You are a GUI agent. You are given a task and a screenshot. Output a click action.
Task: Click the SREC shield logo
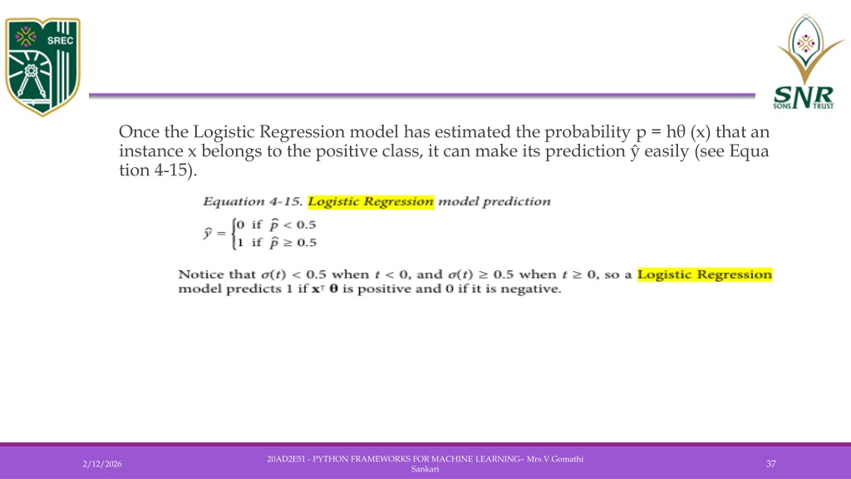click(42, 67)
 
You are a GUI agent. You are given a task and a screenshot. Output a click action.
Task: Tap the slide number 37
click(770, 464)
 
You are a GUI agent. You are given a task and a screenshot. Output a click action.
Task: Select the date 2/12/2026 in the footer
click(102, 464)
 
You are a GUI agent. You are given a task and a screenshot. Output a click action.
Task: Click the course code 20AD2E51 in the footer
click(286, 459)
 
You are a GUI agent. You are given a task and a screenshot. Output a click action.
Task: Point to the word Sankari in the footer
click(425, 469)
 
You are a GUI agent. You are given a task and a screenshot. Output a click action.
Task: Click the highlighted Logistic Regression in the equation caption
click(371, 201)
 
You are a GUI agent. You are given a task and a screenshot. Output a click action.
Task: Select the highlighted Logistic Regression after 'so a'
click(705, 274)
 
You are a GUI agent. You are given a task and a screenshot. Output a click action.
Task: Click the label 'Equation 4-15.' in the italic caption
click(253, 201)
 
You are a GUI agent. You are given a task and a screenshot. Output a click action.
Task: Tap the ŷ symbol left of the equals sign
click(208, 233)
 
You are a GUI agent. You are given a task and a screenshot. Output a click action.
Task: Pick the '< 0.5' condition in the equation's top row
click(299, 225)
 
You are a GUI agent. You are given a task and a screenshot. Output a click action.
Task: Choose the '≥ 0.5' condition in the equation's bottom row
click(299, 242)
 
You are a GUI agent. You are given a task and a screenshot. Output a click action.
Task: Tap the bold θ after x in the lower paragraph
click(333, 289)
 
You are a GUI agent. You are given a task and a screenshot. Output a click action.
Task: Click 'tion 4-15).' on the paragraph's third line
click(158, 170)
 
